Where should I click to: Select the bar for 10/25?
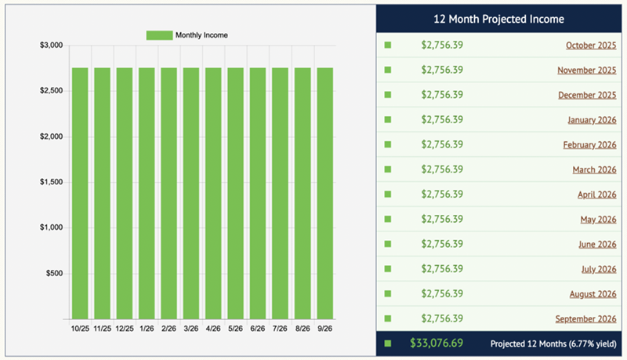[80, 192]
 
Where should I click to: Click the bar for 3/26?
[191, 192]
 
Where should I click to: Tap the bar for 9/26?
[325, 192]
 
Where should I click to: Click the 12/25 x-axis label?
[125, 329]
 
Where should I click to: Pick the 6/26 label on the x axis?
[258, 329]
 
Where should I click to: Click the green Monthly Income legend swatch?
[159, 35]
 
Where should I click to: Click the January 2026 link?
[592, 120]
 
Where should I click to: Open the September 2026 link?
[586, 319]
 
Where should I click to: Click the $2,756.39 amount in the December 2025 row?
[442, 95]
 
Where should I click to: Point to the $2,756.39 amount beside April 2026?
[442, 195]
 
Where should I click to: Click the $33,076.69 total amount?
[437, 343]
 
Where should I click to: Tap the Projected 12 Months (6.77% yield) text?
[553, 344]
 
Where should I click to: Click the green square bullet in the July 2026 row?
[387, 270]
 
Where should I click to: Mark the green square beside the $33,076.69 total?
[387, 344]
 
